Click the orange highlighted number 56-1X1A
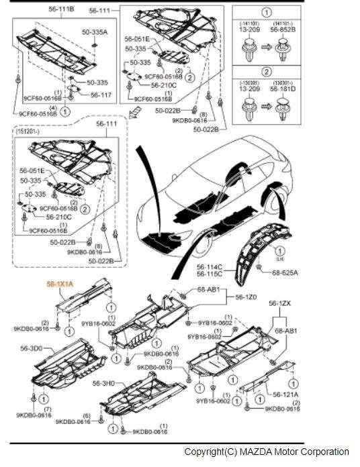tap(60, 284)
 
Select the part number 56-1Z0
tap(245, 297)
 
